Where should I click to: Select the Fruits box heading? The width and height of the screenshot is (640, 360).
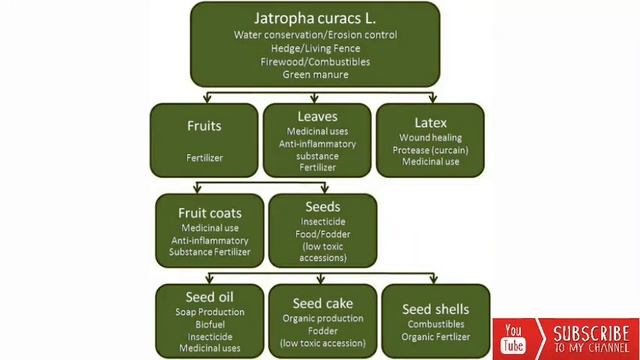pos(203,126)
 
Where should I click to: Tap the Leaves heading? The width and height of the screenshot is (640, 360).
pos(316,117)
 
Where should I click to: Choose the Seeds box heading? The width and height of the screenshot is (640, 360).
pos(322,207)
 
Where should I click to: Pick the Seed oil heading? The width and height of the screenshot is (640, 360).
pos(209,297)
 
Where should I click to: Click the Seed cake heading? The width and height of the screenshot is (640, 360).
pos(322,303)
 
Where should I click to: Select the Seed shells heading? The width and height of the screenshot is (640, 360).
pos(435,308)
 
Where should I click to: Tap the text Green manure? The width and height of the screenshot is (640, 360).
pos(315,74)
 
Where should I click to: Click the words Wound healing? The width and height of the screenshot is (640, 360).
pos(429,137)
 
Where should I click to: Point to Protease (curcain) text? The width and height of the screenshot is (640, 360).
pos(430,149)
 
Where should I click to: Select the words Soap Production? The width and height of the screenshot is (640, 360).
pos(209,312)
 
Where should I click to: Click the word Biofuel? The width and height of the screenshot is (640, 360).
pos(209,324)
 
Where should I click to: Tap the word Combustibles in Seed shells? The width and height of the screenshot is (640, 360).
pos(435,324)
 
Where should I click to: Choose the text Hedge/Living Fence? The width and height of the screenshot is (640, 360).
pos(315,48)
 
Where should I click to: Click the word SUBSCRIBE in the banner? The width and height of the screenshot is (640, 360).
pos(591,332)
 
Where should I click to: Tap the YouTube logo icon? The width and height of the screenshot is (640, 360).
pos(513,338)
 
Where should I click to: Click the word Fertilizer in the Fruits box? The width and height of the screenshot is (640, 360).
pos(203,157)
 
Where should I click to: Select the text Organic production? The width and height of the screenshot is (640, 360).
pos(322,319)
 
